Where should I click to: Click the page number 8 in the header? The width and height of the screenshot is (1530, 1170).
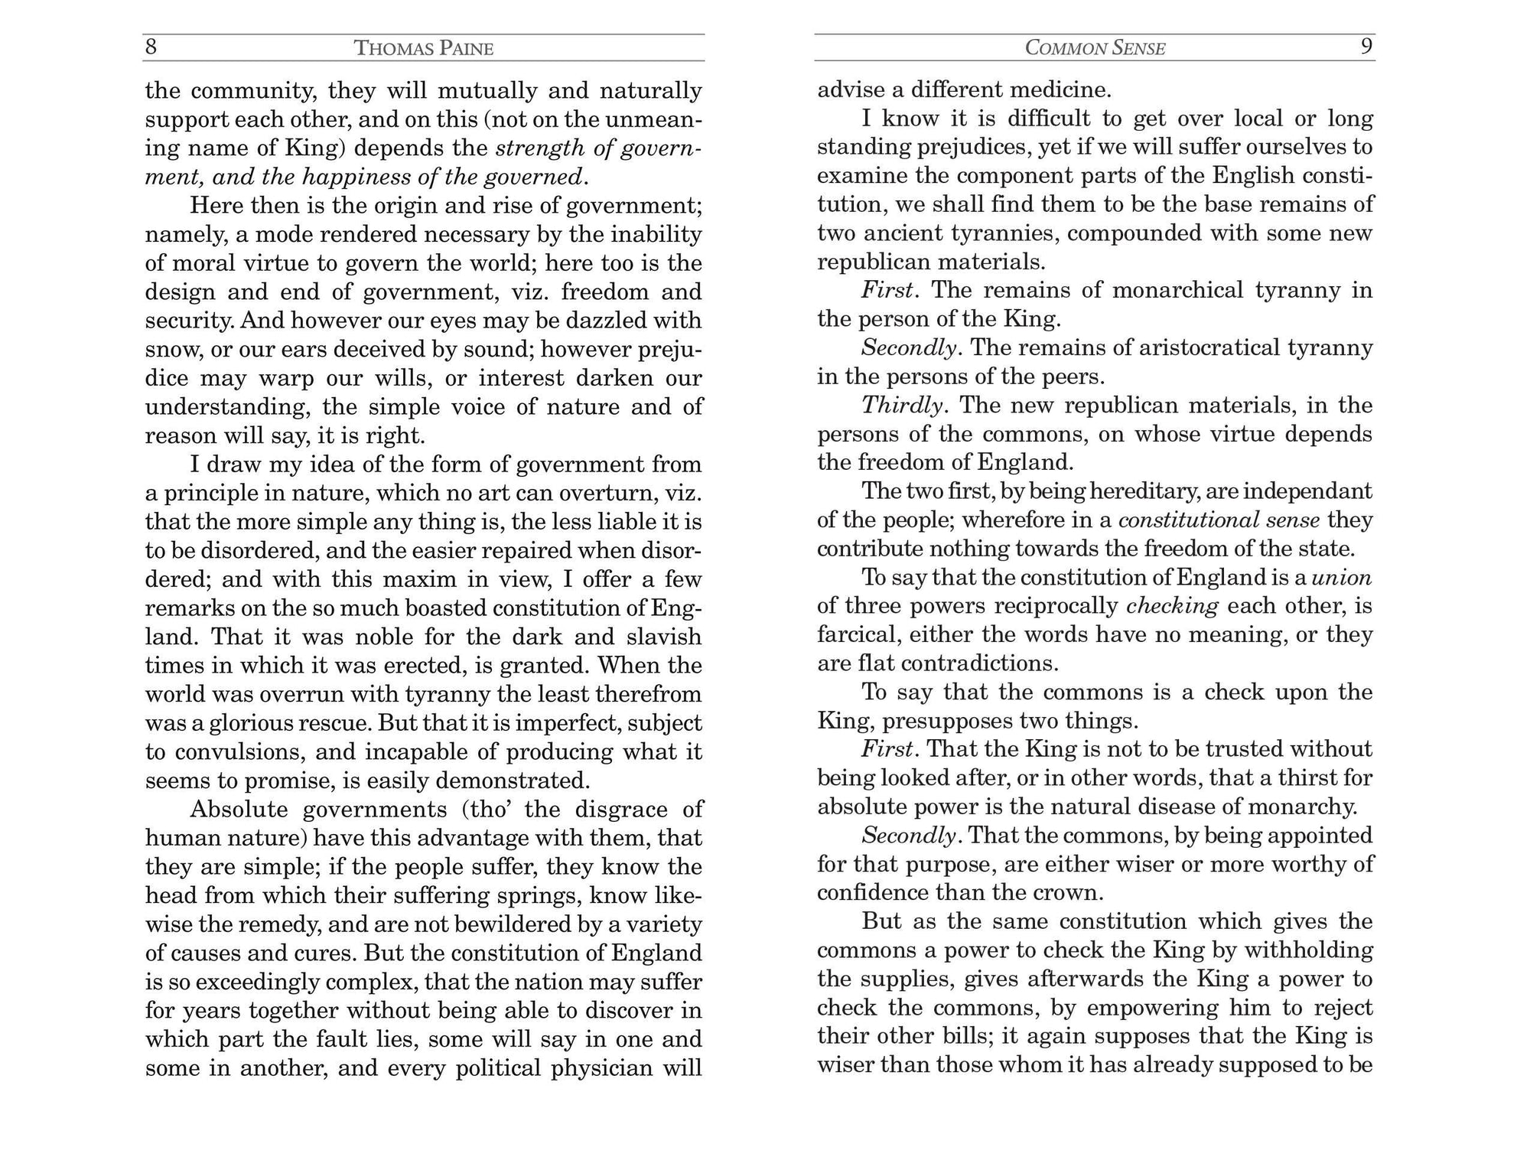click(151, 47)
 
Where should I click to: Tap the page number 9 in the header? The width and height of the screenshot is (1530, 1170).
click(1366, 47)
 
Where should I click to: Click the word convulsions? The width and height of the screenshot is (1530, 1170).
click(238, 751)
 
